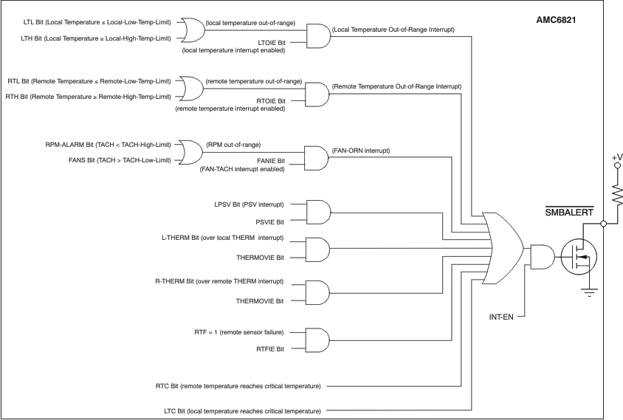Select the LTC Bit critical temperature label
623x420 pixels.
[x=243, y=410]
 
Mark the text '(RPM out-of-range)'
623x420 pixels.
[x=233, y=144]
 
